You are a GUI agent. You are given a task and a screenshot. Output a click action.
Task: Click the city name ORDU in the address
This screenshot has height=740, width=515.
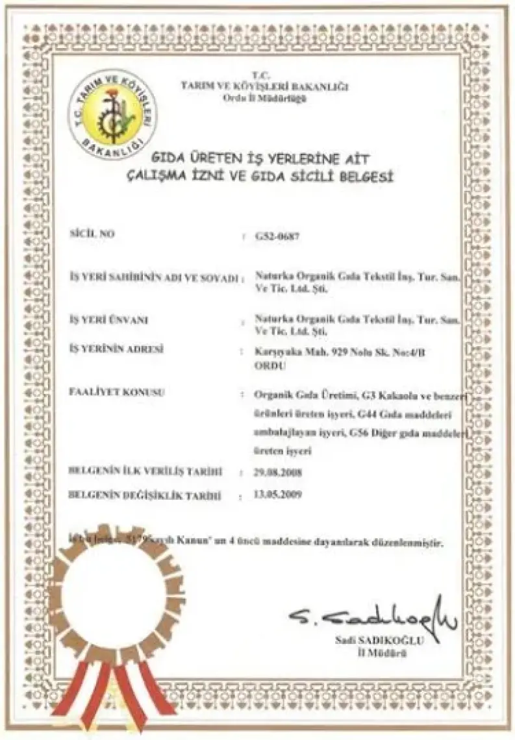[251, 365]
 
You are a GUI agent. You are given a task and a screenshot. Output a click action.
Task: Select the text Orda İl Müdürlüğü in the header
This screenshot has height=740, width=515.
[264, 97]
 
